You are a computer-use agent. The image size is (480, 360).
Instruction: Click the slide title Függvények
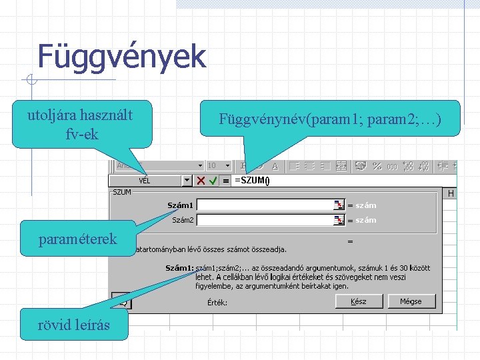tap(121, 57)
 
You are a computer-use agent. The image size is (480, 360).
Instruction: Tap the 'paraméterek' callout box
tap(79, 239)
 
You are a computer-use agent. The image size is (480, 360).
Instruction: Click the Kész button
tap(359, 301)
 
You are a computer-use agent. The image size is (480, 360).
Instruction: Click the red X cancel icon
tap(201, 181)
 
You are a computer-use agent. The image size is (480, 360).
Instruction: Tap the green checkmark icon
tap(213, 181)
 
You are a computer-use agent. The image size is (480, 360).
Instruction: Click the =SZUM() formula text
tap(251, 180)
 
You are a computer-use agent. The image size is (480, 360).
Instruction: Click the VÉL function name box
tap(145, 181)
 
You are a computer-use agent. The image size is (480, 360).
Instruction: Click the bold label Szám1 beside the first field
tap(180, 205)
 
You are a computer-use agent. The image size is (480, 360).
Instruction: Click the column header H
tap(451, 193)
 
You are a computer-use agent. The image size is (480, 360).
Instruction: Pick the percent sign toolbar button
tap(377, 165)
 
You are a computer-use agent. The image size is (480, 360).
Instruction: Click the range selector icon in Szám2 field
tap(339, 220)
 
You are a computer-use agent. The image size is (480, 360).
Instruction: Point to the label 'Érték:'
tap(217, 302)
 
